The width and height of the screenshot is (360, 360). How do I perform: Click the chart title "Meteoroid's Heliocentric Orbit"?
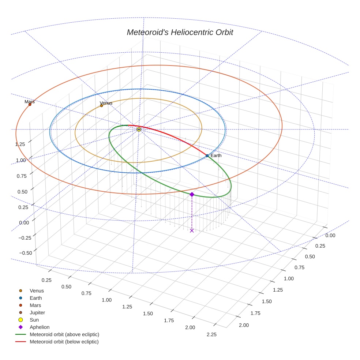(x=180, y=33)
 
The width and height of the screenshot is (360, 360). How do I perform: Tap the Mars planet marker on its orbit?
(x=30, y=105)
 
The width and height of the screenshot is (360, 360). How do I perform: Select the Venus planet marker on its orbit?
(x=102, y=106)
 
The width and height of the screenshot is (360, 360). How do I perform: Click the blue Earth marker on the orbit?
(x=207, y=156)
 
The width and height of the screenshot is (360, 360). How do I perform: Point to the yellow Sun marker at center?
(x=139, y=130)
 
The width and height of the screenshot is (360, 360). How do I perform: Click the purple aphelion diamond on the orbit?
(x=192, y=195)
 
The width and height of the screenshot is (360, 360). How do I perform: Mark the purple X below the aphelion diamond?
(x=192, y=230)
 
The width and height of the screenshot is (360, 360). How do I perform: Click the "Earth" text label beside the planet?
(x=216, y=156)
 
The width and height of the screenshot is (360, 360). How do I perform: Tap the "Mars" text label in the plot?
(x=30, y=102)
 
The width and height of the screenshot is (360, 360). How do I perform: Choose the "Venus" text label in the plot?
(x=106, y=103)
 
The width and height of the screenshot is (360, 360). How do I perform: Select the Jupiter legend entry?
(x=37, y=313)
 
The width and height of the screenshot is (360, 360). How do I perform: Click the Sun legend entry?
(x=34, y=320)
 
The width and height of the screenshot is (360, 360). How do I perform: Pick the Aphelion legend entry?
(x=40, y=327)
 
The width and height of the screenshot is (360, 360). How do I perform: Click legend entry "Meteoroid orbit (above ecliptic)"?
(x=64, y=334)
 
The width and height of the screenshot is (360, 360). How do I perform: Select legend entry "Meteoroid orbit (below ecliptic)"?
(x=64, y=342)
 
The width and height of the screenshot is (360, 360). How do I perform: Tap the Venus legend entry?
(x=37, y=291)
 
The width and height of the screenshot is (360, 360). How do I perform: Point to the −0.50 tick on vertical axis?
(x=26, y=253)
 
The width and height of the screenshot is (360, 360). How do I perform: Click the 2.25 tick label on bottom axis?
(x=211, y=334)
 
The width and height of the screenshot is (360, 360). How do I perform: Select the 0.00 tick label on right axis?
(x=330, y=236)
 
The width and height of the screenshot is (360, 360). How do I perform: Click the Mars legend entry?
(x=35, y=305)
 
